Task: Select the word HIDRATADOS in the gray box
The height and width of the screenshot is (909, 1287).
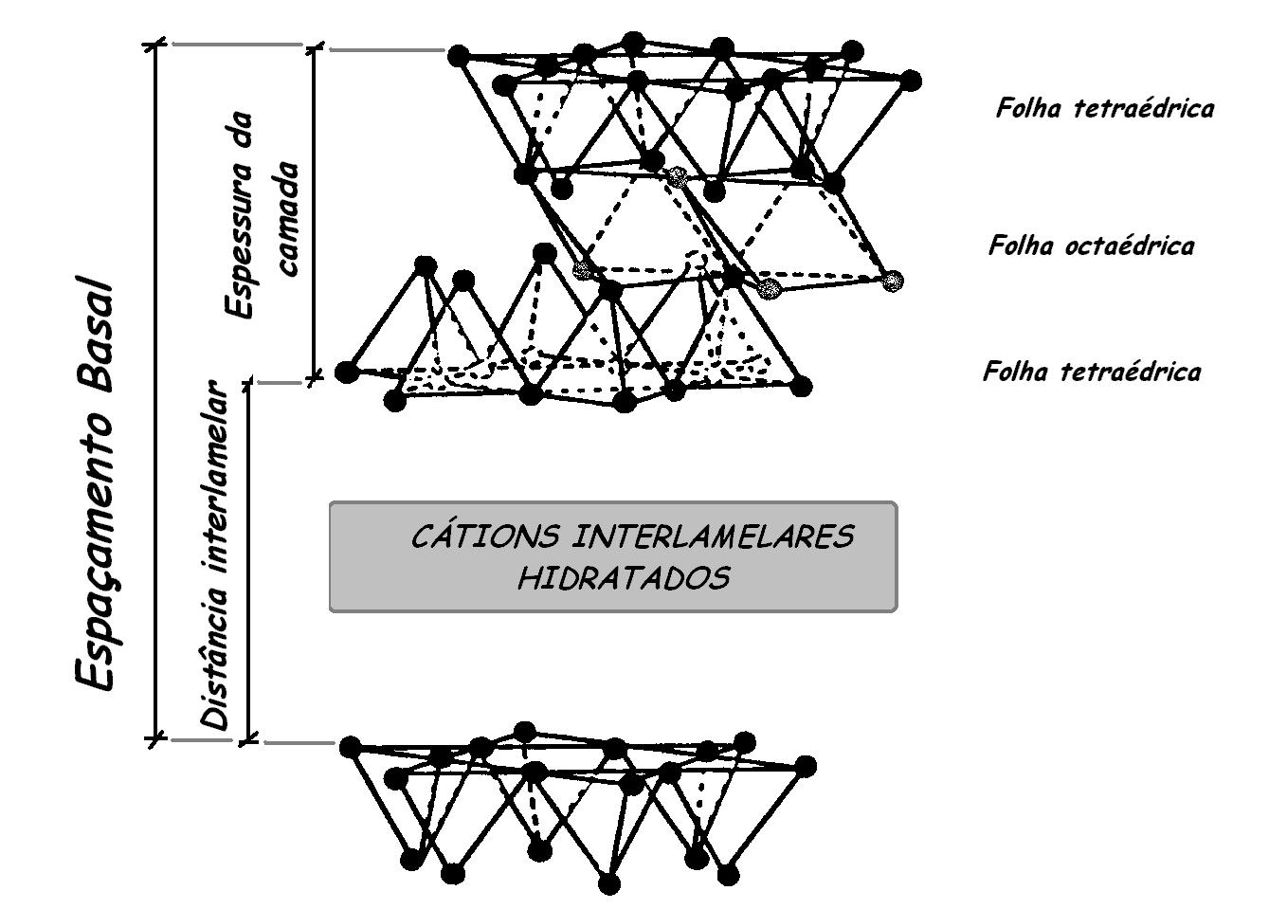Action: [623, 578]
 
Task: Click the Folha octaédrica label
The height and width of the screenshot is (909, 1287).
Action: [1091, 246]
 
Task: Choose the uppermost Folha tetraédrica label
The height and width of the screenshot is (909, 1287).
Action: [1104, 108]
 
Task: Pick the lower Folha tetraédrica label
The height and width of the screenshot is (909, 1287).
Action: [1091, 371]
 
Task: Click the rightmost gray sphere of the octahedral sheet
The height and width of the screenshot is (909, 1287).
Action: [891, 280]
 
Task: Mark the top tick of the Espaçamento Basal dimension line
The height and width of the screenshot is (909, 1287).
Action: [156, 44]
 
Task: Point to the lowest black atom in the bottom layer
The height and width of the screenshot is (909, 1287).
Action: [608, 884]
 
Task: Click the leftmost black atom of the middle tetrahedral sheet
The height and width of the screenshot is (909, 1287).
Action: [347, 370]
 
